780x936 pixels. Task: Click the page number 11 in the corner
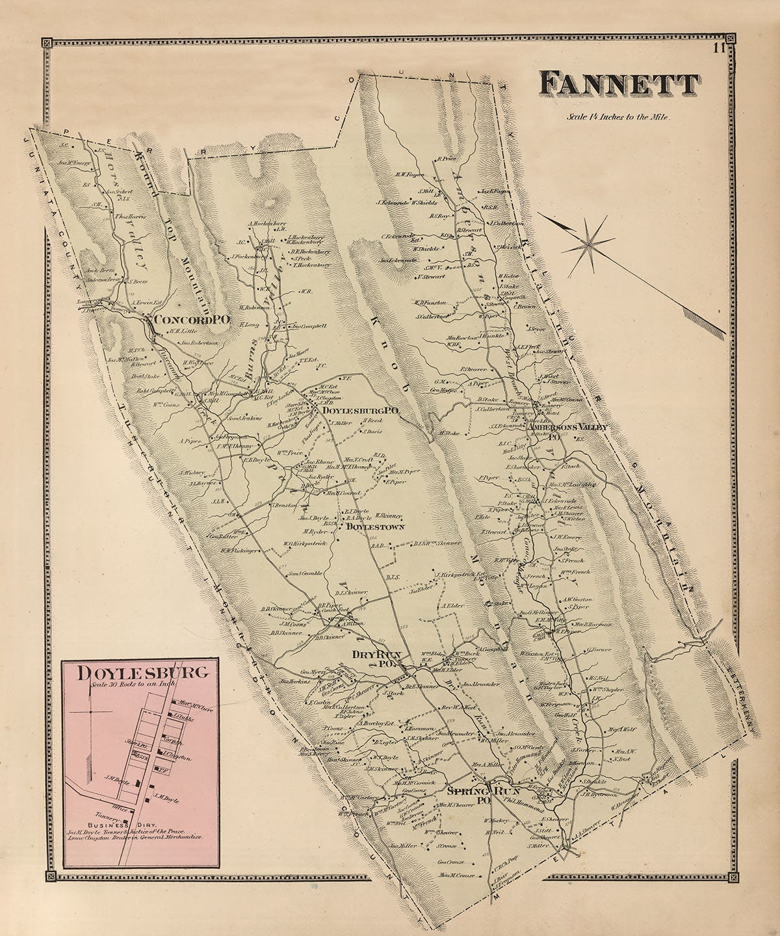pyautogui.click(x=718, y=47)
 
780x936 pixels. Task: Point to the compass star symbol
pyautogui.click(x=588, y=242)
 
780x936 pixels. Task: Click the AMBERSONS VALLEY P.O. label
pyautogui.click(x=567, y=430)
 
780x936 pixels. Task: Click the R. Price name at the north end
pyautogui.click(x=448, y=158)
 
